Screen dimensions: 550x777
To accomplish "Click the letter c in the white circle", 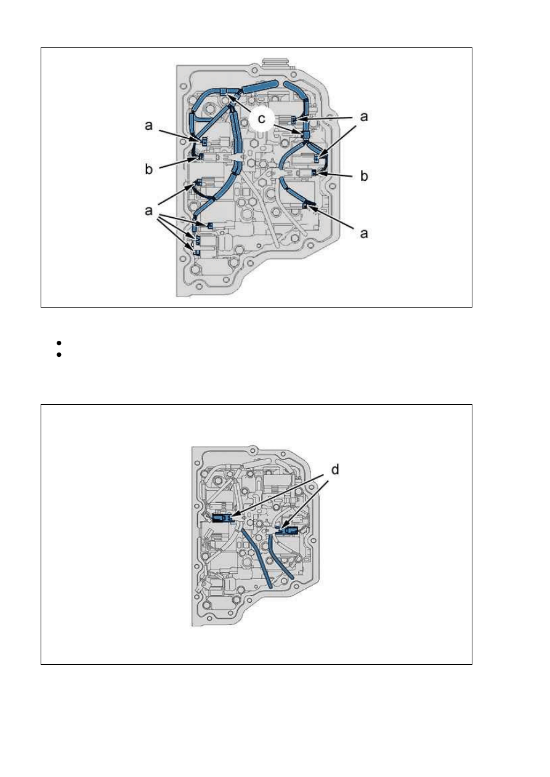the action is coord(261,119).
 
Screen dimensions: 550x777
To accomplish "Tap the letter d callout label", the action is coord(334,469).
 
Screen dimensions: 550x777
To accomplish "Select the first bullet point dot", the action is coord(59,343).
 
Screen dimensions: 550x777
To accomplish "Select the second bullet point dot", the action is coord(59,354).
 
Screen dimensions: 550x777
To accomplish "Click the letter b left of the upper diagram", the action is coord(148,169).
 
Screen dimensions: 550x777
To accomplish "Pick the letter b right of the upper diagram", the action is coord(364,175).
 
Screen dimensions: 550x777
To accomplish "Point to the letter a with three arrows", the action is coord(148,210).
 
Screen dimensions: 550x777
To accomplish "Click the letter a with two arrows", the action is coord(364,116).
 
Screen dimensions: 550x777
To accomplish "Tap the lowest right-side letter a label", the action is coord(364,233).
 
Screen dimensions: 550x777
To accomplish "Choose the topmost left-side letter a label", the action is coord(148,126).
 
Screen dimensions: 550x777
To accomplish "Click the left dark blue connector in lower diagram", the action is coord(222,518).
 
